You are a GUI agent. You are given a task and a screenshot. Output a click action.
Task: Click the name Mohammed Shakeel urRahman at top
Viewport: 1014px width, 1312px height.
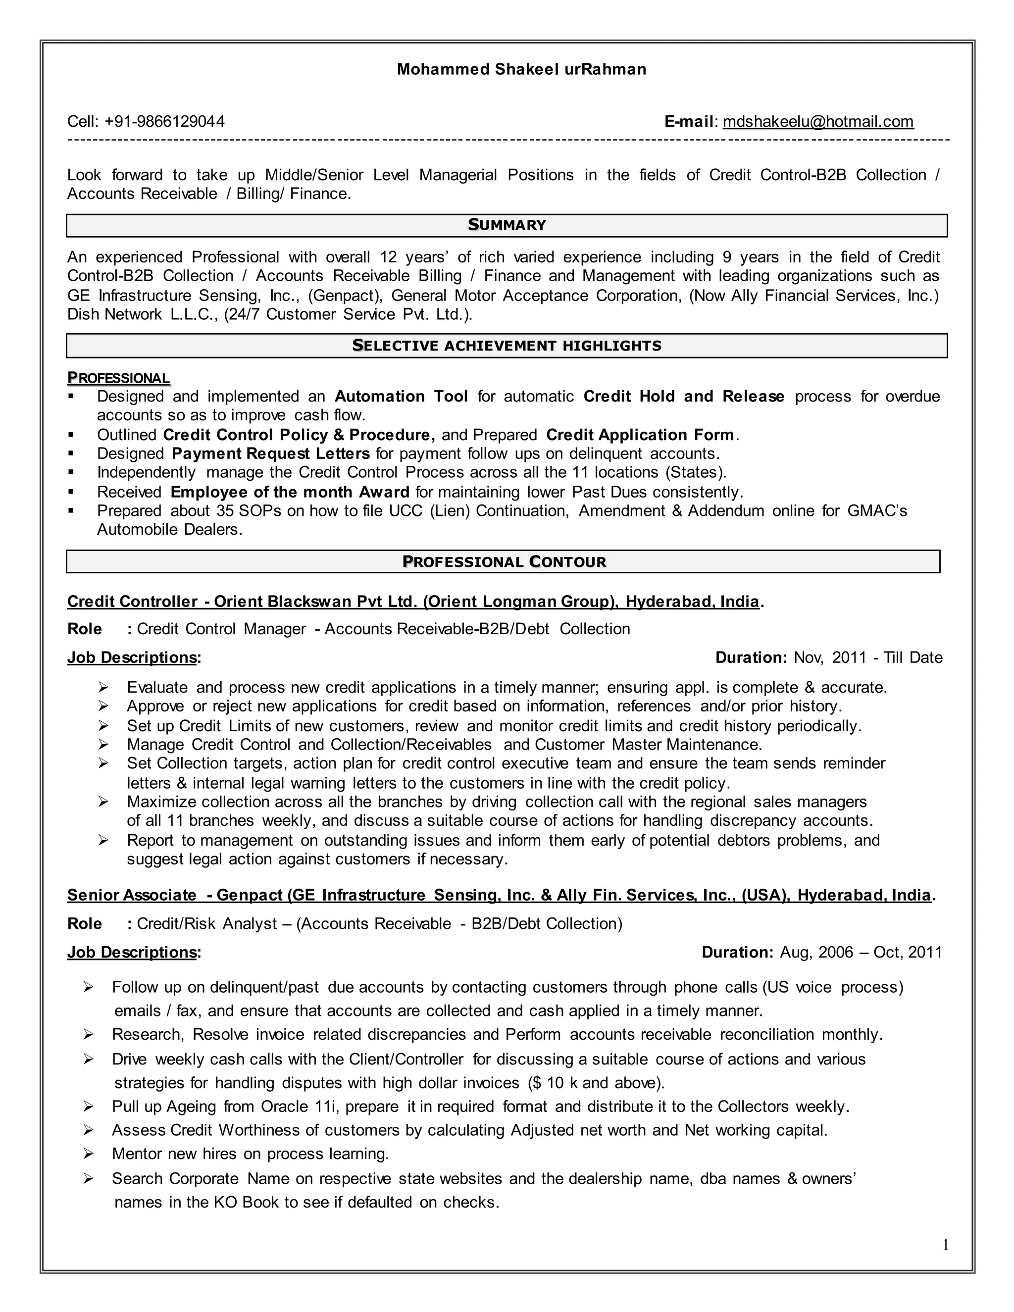click(x=521, y=70)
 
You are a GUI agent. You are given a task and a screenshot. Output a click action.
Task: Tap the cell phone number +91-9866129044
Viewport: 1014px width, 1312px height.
click(x=164, y=122)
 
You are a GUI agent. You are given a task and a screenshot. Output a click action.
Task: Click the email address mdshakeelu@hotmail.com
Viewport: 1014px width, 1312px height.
click(x=817, y=122)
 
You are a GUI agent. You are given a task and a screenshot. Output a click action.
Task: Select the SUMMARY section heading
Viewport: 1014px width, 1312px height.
click(x=507, y=225)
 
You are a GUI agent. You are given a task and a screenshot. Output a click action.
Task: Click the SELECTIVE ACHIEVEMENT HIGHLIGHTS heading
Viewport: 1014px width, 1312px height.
click(x=507, y=346)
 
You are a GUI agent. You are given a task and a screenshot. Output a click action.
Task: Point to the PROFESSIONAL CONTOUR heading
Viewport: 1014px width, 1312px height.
click(x=504, y=562)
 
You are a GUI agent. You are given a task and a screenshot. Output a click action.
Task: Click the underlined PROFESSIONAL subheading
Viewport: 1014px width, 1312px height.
click(x=118, y=378)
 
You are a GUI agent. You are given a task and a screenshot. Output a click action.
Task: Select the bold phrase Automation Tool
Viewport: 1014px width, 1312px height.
click(x=401, y=397)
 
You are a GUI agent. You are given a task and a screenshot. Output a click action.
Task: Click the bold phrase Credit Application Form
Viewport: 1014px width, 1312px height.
click(x=640, y=435)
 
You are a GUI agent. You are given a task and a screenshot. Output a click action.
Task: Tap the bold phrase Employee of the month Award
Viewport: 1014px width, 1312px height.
click(x=290, y=493)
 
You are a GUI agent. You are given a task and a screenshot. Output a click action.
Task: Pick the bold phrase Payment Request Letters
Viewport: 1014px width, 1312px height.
click(x=270, y=454)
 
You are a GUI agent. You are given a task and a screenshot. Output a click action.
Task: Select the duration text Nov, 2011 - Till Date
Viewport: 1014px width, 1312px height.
click(x=867, y=658)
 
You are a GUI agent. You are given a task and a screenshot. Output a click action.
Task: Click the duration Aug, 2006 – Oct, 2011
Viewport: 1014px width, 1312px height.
click(x=860, y=953)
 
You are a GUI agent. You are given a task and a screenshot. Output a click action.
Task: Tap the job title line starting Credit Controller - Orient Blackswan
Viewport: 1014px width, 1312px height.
click(x=414, y=602)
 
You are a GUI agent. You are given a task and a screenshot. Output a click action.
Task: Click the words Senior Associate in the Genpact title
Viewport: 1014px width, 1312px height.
click(x=132, y=896)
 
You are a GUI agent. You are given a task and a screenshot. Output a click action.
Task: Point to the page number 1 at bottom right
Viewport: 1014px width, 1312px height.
click(x=945, y=1245)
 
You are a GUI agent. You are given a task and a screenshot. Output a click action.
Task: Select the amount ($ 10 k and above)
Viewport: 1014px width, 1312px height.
click(x=596, y=1083)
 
